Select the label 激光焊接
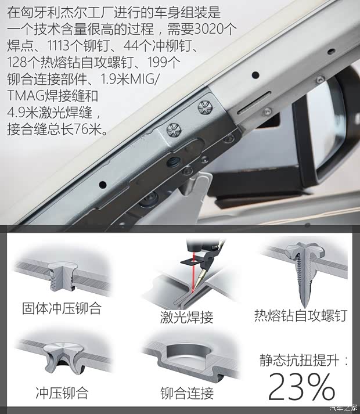[187, 317]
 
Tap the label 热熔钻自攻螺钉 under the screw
[300, 316]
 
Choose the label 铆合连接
[187, 393]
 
